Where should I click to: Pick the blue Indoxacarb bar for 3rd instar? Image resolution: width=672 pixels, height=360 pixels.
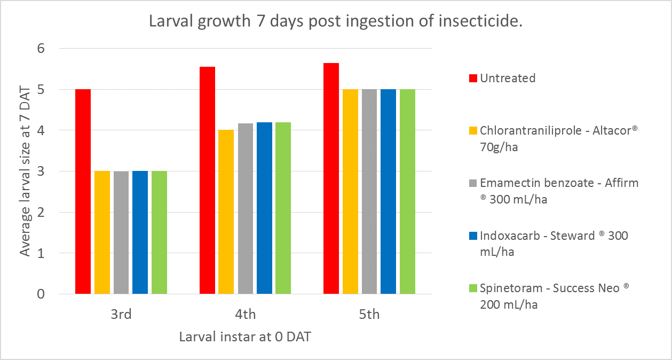[x=140, y=232]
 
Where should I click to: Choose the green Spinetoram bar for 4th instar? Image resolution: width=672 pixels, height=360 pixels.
[x=283, y=208]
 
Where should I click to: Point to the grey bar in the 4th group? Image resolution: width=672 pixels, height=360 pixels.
[x=245, y=208]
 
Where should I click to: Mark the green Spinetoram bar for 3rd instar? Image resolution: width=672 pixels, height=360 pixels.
[x=159, y=232]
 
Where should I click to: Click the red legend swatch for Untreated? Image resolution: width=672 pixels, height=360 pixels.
[x=472, y=79]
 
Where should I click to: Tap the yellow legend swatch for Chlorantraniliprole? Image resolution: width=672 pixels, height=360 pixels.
[x=472, y=131]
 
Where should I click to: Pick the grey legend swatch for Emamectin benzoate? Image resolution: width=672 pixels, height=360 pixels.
[x=472, y=183]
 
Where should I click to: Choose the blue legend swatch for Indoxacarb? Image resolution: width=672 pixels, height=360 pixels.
[x=472, y=236]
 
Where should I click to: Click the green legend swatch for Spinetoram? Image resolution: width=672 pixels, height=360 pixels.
[x=472, y=288]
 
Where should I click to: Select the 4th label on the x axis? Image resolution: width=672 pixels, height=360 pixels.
[x=245, y=315]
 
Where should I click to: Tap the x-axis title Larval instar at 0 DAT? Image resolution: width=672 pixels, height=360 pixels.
[x=245, y=337]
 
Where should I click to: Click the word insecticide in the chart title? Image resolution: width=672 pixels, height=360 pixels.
[x=477, y=22]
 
